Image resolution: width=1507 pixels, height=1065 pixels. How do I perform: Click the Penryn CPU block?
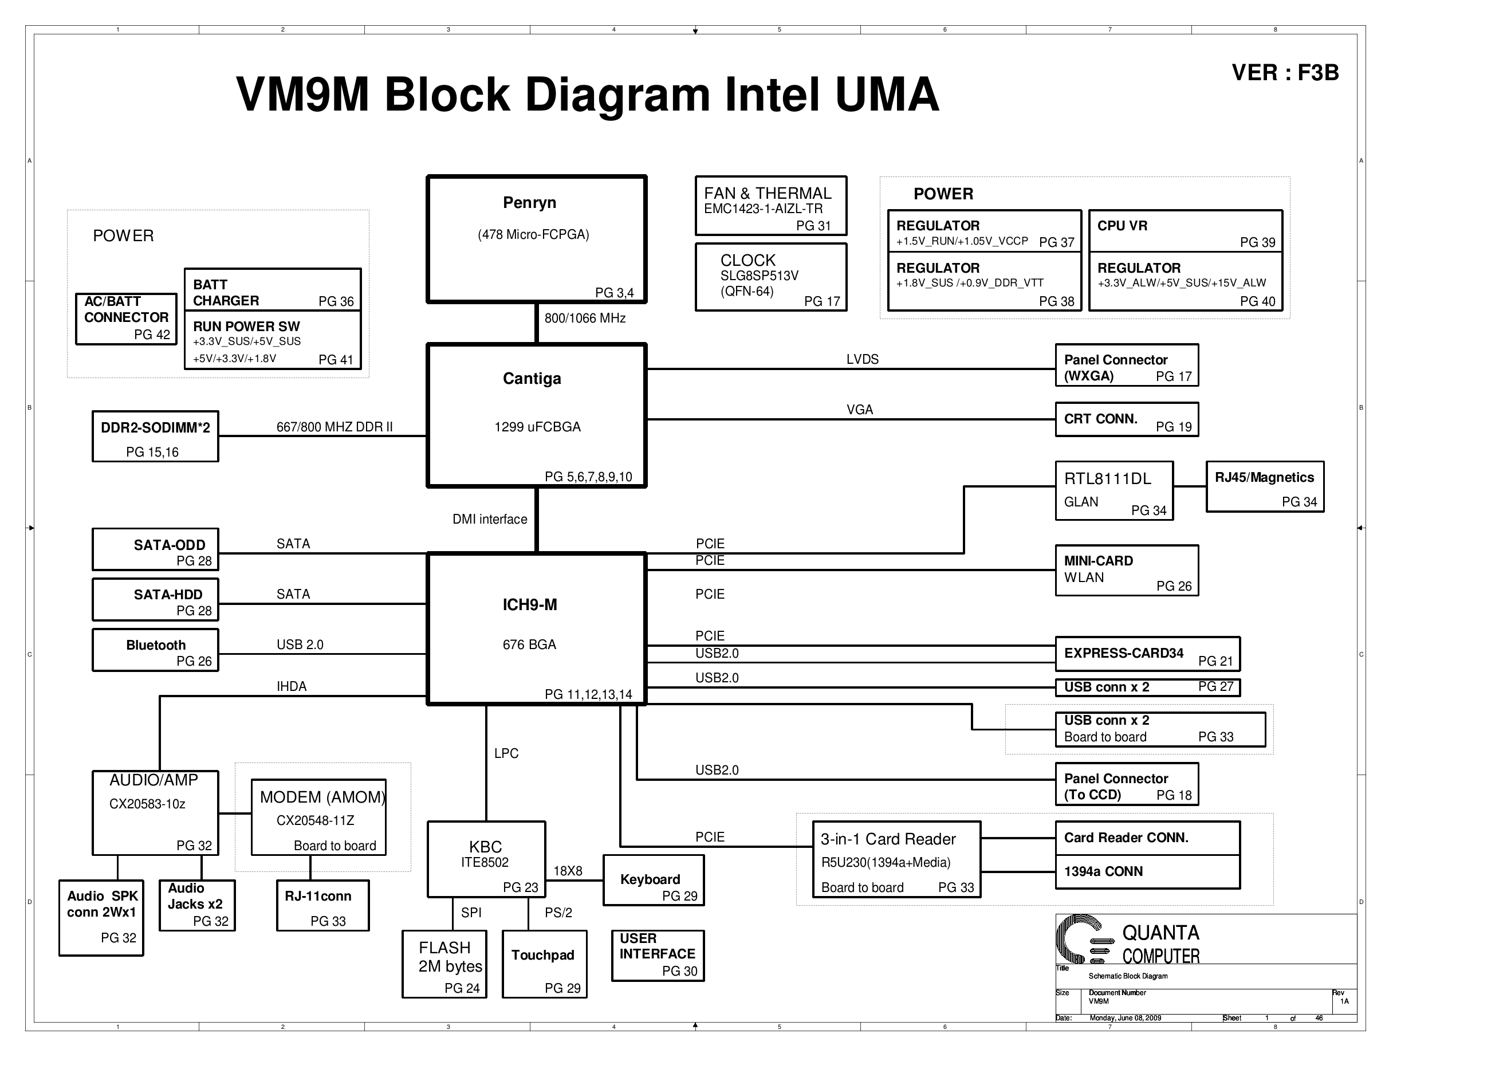(x=536, y=239)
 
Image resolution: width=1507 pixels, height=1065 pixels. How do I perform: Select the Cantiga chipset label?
(x=532, y=379)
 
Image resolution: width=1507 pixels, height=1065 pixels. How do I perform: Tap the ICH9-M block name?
(x=530, y=605)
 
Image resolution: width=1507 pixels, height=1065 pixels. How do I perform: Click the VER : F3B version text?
(x=1285, y=73)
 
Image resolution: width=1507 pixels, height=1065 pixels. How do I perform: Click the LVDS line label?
(x=862, y=359)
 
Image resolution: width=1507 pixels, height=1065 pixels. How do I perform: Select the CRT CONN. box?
(x=1126, y=419)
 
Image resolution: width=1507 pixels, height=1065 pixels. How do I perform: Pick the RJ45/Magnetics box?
(x=1264, y=486)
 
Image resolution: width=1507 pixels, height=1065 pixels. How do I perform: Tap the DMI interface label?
(x=490, y=520)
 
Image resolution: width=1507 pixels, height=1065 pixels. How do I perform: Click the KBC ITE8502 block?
(x=486, y=859)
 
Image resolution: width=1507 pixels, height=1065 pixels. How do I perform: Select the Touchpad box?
(x=544, y=964)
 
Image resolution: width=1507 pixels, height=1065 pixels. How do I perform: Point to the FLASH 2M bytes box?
(x=444, y=964)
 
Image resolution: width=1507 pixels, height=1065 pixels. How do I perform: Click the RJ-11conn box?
(x=322, y=905)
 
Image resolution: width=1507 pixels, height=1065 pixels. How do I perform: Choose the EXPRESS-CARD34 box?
(x=1147, y=654)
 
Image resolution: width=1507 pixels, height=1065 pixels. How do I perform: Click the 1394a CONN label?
(x=1103, y=871)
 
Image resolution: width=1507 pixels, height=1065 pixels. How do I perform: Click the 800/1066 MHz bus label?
(x=585, y=319)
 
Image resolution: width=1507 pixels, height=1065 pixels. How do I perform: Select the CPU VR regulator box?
(x=1185, y=230)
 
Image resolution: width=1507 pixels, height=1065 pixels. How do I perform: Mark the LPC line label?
(x=506, y=753)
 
